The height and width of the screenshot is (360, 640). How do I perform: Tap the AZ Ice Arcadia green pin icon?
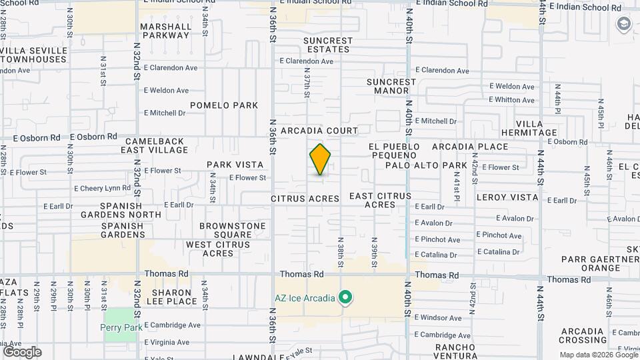click(345, 297)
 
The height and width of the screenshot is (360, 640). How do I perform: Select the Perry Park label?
click(121, 327)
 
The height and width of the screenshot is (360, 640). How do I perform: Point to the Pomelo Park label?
click(224, 105)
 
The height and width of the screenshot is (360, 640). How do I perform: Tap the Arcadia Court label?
click(319, 131)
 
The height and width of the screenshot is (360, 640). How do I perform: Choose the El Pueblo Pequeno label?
click(394, 151)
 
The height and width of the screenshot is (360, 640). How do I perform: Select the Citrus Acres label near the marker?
click(305, 199)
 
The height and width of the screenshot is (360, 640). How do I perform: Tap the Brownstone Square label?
click(233, 231)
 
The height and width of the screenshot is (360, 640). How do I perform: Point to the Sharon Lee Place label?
click(175, 297)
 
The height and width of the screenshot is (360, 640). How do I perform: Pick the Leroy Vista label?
click(507, 197)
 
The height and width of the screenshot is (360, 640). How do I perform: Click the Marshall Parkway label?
click(165, 31)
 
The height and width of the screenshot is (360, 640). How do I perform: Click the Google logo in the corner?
click(22, 352)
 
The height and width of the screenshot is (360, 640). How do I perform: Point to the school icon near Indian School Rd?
click(623, 25)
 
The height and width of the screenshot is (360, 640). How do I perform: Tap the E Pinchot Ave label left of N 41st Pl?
click(437, 240)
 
